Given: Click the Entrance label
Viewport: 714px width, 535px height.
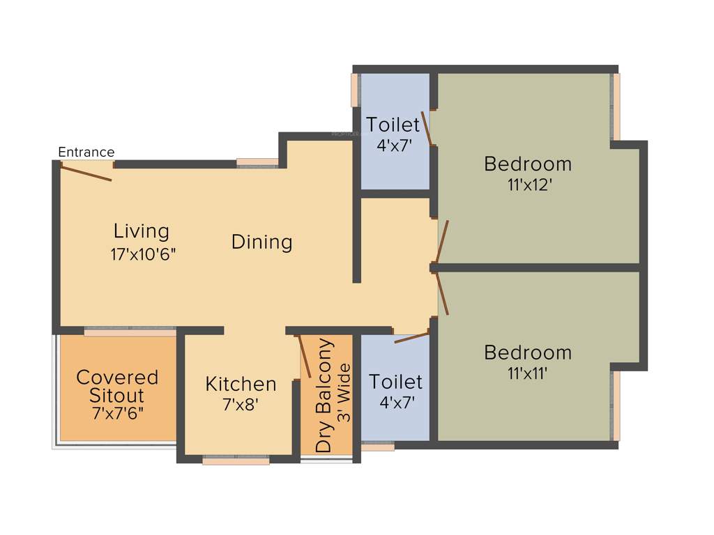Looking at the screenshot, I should [86, 152].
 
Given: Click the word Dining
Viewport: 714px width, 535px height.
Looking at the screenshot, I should [261, 242].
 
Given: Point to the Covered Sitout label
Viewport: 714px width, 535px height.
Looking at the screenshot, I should [117, 387].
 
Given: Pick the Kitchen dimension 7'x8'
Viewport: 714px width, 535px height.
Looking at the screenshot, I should [241, 404].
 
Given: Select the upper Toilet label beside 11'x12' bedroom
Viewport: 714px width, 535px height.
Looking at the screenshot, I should [393, 125].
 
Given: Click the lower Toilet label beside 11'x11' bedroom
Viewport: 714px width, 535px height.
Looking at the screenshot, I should [395, 382].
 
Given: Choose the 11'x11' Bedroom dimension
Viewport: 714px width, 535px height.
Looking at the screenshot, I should [527, 373].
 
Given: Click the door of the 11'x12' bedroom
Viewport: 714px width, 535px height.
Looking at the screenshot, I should [442, 241].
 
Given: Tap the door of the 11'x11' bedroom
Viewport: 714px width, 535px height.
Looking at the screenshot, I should [441, 293].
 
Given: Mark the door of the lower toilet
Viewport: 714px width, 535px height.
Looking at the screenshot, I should [411, 338].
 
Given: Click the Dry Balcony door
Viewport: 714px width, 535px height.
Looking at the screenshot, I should [305, 357].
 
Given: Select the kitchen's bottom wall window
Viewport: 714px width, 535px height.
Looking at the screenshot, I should [236, 460].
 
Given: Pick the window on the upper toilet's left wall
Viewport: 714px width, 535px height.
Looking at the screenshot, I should [355, 90].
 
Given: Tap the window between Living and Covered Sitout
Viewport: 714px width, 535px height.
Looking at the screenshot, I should [130, 332].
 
